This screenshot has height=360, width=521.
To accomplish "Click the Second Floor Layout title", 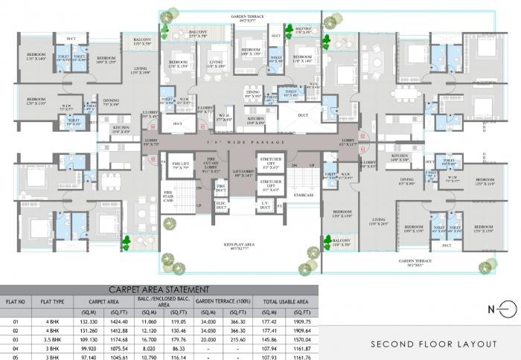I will [x=435, y=344].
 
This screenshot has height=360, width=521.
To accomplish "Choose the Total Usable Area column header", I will [x=287, y=302].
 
